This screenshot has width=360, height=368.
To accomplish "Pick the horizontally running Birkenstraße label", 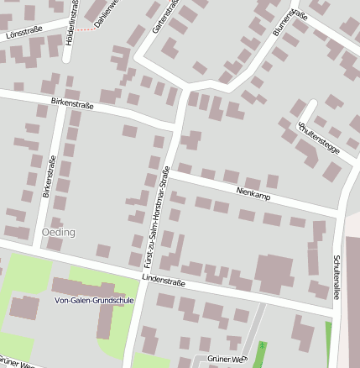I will tap(72, 104).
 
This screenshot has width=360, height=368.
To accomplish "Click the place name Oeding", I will tap(58, 232).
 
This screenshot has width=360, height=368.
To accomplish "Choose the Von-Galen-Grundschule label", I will tap(93, 300).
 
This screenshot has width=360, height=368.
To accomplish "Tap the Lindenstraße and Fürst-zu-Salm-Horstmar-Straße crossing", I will tap(144, 275).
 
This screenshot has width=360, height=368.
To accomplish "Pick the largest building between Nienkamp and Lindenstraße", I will tap(274, 272).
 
